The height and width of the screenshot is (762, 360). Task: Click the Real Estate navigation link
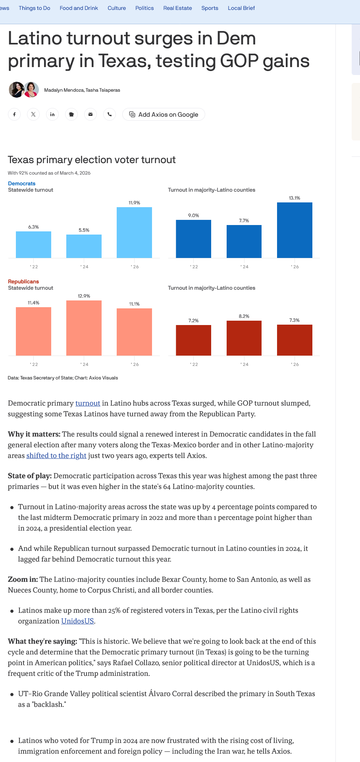177,8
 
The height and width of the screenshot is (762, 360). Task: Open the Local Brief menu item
241,8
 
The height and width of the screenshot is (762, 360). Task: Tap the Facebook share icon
14,114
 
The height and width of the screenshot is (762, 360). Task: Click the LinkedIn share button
52,114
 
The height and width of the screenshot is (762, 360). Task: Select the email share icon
90,114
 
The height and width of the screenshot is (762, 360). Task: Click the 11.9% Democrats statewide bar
134,233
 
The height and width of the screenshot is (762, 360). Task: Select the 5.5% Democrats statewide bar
84,246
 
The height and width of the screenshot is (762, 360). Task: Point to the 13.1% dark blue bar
295,230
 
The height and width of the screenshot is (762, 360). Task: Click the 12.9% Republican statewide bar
84,328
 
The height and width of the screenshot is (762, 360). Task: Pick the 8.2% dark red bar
244,338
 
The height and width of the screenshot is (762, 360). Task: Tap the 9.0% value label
194,216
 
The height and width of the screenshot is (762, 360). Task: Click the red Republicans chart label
23,281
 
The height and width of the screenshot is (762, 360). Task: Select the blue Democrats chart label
22,183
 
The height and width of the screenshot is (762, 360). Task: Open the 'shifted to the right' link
56,456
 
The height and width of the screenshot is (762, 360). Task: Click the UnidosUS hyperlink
77,621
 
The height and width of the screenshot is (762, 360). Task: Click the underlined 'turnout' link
88,403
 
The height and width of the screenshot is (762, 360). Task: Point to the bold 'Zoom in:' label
23,579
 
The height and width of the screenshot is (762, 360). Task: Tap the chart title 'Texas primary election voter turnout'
92,160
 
